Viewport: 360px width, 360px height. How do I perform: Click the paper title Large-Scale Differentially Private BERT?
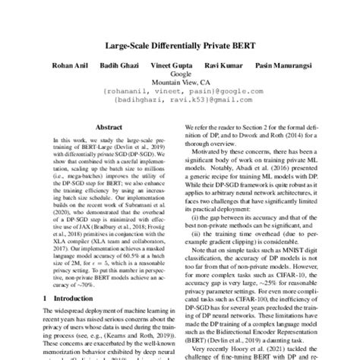click(180, 45)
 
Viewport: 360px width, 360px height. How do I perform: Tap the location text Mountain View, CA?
click(180, 84)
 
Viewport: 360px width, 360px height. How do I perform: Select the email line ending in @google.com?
click(180, 93)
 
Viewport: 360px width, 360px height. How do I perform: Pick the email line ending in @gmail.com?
click(180, 101)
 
